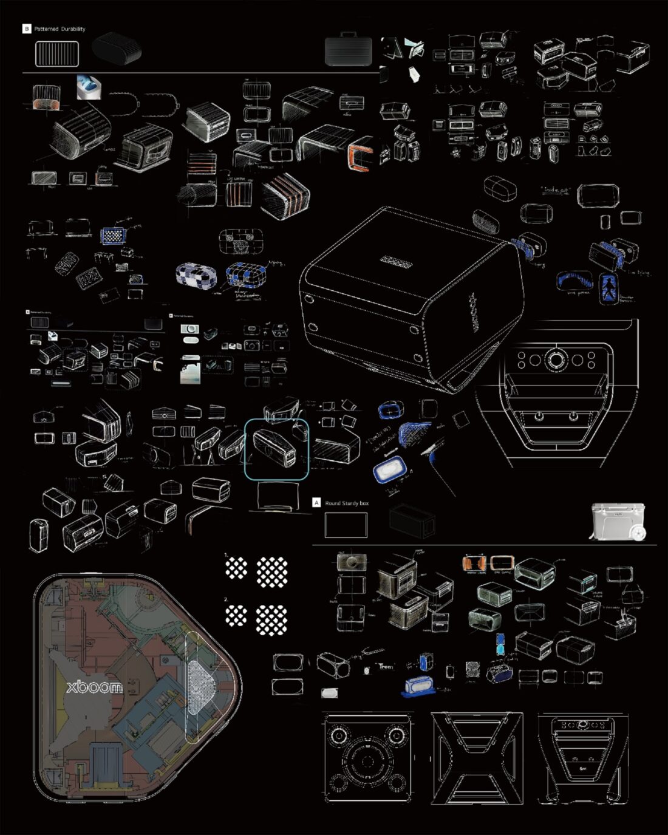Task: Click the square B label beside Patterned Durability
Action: pos(26,29)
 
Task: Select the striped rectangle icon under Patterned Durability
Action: pos(57,53)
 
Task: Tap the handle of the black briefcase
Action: pos(346,39)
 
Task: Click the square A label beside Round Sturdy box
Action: pos(316,502)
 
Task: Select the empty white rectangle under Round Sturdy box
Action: pos(346,525)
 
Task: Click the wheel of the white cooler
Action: pos(638,533)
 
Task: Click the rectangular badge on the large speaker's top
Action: pos(397,261)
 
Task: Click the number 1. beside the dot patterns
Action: pos(227,555)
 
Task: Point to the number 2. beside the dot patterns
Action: pos(227,599)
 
